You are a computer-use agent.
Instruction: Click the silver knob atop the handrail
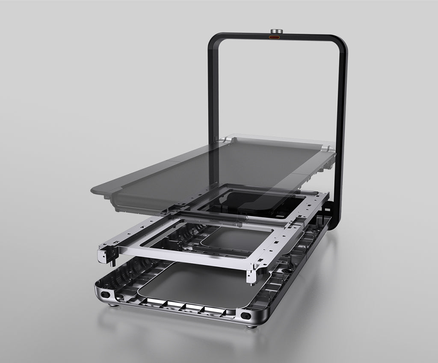276,32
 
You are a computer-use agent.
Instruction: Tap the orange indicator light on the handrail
274,38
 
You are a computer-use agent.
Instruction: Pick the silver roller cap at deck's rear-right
327,148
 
